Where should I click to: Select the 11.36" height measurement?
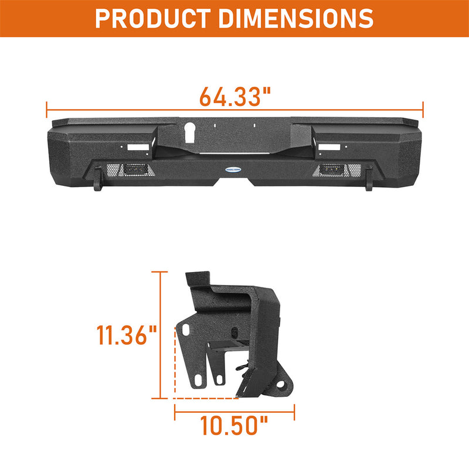tap(126, 337)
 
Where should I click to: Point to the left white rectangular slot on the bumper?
tap(140, 148)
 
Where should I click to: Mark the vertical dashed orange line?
tap(175, 363)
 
